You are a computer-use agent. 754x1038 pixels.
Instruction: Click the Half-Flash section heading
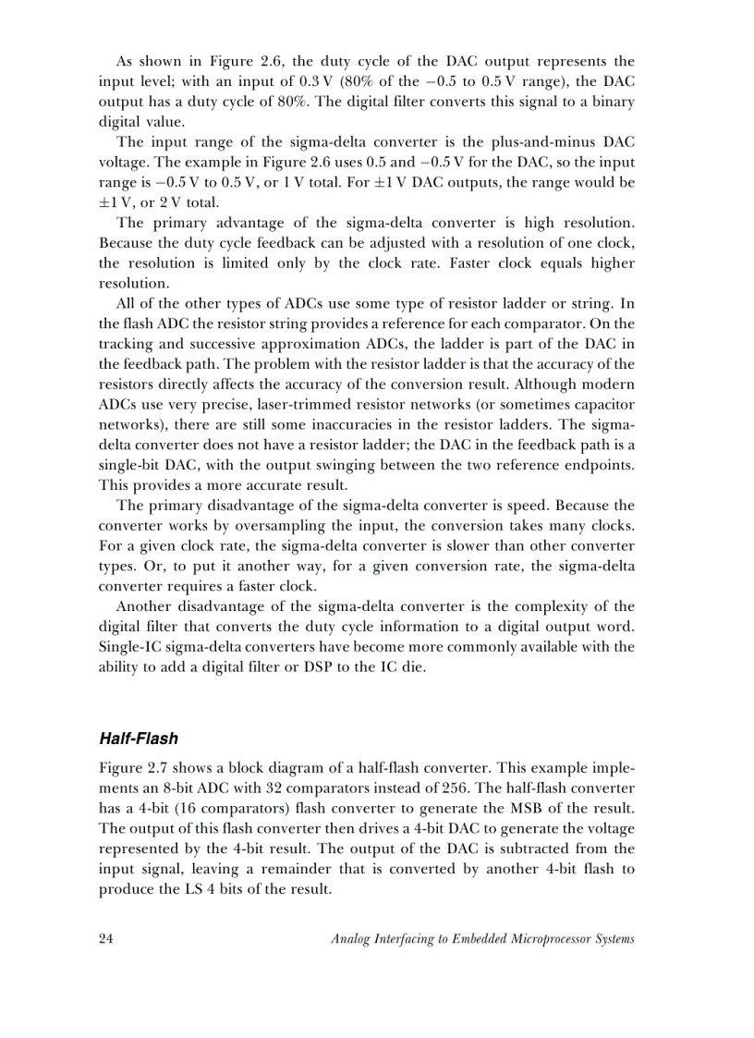(x=138, y=739)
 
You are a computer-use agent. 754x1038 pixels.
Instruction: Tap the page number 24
(x=105, y=939)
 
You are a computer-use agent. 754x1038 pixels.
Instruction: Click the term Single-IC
(x=131, y=647)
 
